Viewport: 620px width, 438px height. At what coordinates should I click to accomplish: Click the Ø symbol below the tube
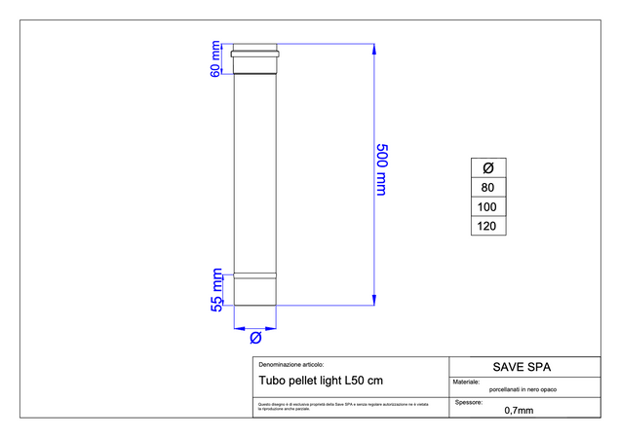(254, 337)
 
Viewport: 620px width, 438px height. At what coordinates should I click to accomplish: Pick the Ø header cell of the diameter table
(488, 167)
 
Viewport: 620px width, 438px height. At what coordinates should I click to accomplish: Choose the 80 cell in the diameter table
(488, 187)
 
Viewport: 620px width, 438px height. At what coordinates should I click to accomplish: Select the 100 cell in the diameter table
(488, 206)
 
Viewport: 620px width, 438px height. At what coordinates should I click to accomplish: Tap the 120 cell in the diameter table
(488, 226)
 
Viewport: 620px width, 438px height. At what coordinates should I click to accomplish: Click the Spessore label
(470, 400)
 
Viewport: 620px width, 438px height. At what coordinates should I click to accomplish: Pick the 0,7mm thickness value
(519, 410)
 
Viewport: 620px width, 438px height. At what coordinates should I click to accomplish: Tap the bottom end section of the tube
(254, 291)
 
